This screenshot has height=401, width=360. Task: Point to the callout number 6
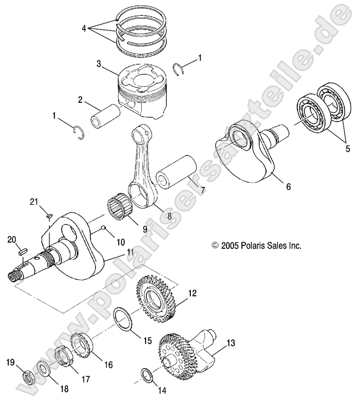pyautogui.click(x=288, y=186)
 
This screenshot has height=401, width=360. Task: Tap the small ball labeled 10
pyautogui.click(x=104, y=227)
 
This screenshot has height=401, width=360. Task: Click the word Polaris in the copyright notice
pyautogui.click(x=256, y=245)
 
